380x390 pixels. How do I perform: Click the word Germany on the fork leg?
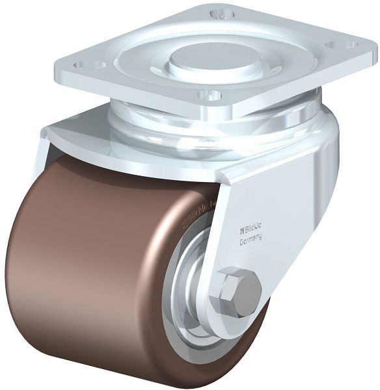coord(251,238)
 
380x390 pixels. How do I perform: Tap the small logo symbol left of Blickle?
coord(243,229)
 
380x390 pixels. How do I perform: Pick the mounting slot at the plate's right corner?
coord(342,45)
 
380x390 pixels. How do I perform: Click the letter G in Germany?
coord(242,239)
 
